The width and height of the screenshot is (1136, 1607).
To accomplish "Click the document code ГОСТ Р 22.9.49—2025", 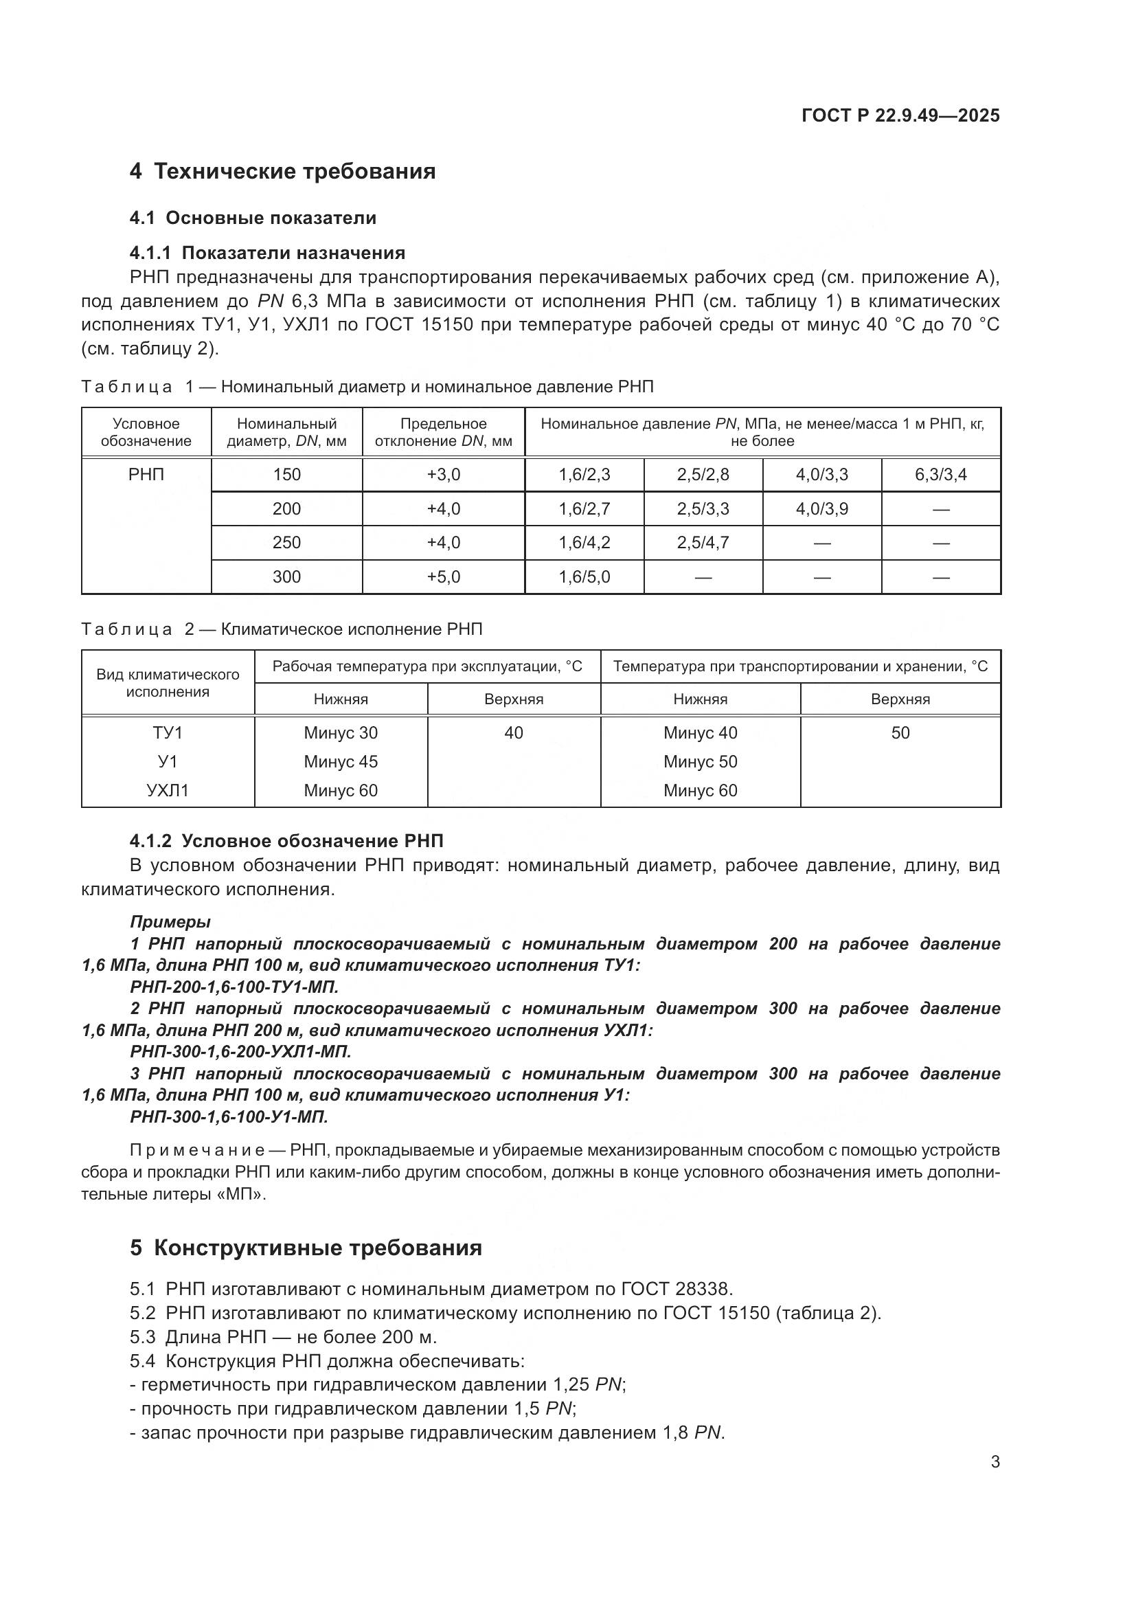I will [900, 115].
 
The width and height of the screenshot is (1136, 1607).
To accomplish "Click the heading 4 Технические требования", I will [282, 172].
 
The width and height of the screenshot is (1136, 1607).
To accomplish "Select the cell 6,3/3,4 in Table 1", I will [940, 475].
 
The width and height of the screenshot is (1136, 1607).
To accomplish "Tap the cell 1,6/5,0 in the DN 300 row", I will [584, 576].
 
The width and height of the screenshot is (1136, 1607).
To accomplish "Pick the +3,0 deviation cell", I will [444, 475].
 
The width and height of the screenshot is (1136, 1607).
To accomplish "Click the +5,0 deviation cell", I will [444, 576].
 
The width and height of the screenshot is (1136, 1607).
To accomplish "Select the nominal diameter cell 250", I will [287, 543].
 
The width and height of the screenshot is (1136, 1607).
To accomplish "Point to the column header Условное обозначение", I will [146, 433].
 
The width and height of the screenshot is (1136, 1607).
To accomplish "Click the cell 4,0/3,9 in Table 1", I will [821, 509].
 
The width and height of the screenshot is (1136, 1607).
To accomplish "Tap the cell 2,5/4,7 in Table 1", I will [703, 543].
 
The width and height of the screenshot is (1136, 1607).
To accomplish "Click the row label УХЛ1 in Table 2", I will [168, 791].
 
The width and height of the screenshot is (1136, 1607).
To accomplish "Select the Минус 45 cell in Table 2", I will [341, 761].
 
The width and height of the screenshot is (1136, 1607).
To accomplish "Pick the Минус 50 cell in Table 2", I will [700, 761].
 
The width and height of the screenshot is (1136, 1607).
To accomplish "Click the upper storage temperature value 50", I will [900, 733].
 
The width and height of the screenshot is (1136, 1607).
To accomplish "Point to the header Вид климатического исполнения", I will [168, 683].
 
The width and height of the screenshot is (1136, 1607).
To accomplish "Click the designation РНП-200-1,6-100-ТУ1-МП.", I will [234, 987].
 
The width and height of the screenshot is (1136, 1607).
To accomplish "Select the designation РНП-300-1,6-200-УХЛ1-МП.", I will [240, 1051].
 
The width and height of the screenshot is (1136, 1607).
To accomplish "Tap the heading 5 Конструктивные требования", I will [306, 1248].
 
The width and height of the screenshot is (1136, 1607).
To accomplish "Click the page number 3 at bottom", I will [995, 1462].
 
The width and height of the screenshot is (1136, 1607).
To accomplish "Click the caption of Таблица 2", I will [282, 629].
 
